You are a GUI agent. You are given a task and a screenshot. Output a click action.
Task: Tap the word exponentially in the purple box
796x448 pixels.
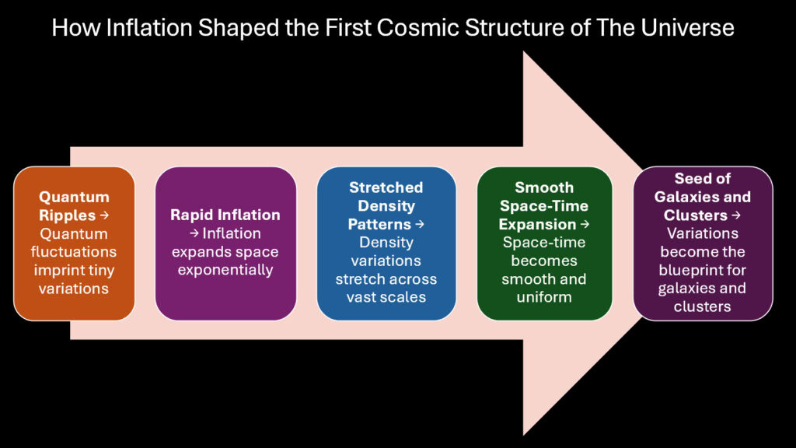225,270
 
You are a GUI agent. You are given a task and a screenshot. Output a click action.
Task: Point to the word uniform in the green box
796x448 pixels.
544,296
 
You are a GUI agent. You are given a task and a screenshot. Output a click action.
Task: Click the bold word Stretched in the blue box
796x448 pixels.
386,187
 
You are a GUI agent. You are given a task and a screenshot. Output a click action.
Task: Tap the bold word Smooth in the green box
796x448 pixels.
544,187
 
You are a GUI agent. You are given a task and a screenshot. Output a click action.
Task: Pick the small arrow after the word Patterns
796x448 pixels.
420,225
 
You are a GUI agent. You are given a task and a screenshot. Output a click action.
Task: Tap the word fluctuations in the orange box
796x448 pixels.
74,251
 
